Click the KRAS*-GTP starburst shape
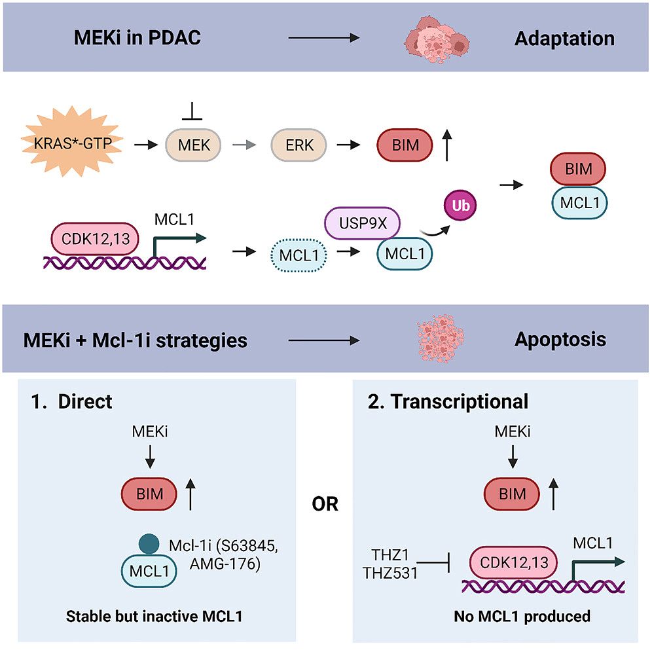click(73, 142)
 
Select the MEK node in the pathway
click(193, 145)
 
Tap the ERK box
click(299, 145)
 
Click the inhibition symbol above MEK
click(192, 111)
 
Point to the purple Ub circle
click(460, 205)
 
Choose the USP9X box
click(362, 223)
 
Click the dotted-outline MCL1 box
click(299, 255)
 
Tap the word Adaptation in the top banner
click(564, 39)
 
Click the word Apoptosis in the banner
click(560, 340)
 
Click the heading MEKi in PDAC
click(137, 37)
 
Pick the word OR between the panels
click(325, 504)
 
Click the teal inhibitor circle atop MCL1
click(149, 544)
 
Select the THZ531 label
click(390, 573)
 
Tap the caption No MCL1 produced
click(522, 616)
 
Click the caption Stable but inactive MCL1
click(154, 616)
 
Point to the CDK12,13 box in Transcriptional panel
click(513, 562)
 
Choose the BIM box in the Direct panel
click(149, 494)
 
